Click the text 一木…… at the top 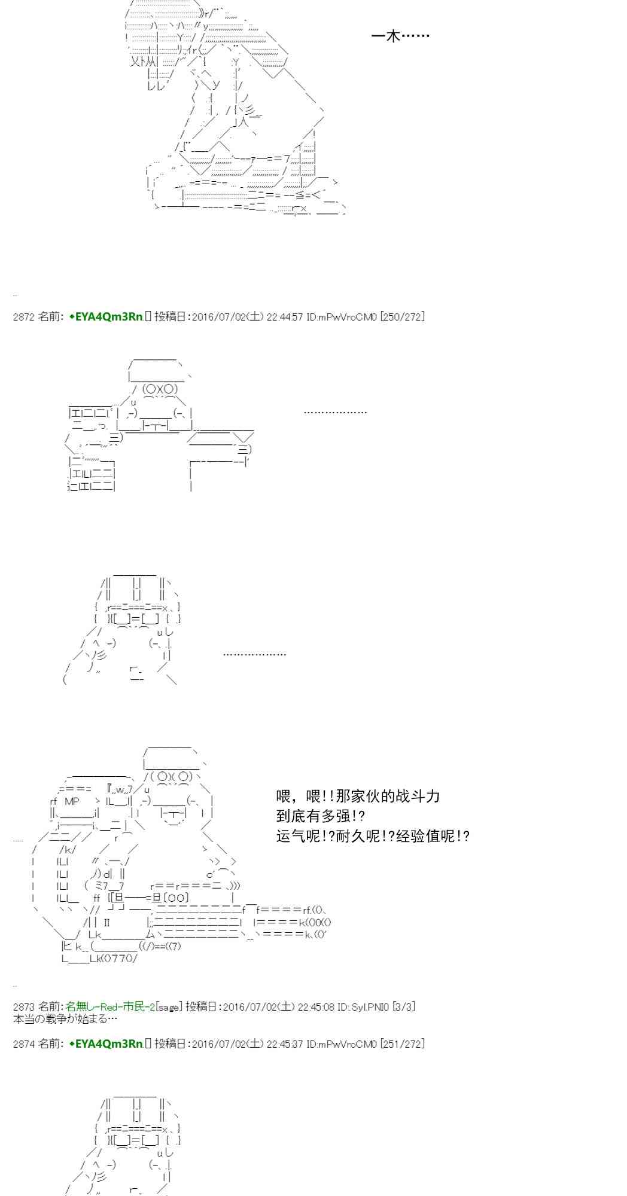point(400,36)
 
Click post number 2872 point(23,317)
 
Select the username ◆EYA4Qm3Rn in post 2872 point(106,317)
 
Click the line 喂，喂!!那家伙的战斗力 point(358,796)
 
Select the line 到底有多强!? point(321,816)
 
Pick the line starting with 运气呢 point(373,835)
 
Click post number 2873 point(23,1007)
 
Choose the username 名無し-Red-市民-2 point(110,1007)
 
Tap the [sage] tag point(168,1007)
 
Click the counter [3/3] point(403,1007)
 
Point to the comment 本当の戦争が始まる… point(65,1018)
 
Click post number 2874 point(23,1044)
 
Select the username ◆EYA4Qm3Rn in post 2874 point(106,1044)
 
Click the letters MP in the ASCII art point(72,801)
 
